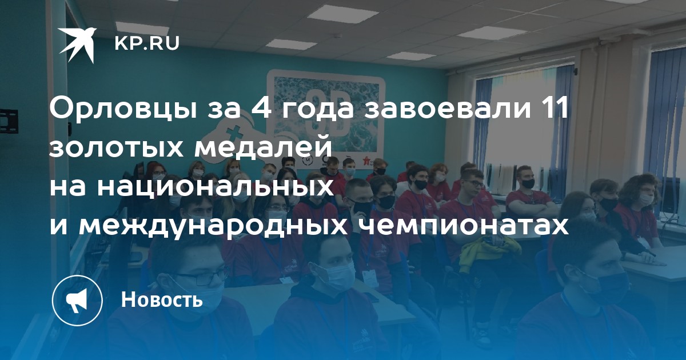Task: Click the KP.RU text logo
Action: [147, 43]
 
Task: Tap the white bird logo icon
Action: [78, 45]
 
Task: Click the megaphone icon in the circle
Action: [77, 301]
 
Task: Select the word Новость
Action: [162, 299]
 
